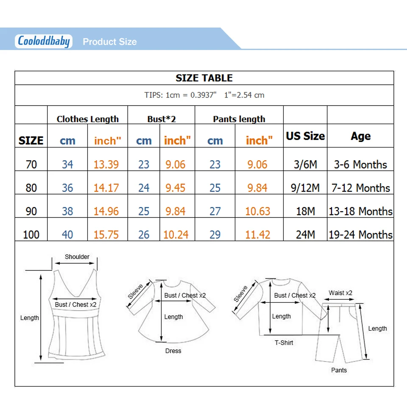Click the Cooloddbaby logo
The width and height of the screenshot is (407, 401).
[x=44, y=41]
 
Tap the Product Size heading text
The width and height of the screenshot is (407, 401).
[x=109, y=42]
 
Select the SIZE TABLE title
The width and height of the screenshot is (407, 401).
[x=204, y=78]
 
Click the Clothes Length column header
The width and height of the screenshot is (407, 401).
[x=88, y=119]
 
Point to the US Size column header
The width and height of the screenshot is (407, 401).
[x=305, y=136]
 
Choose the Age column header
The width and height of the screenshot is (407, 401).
[x=360, y=136]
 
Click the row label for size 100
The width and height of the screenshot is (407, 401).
[x=31, y=235]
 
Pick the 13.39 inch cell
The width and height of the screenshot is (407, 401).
[x=106, y=164]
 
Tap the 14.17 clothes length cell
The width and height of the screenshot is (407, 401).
[x=106, y=188]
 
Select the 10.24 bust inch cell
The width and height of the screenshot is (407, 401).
[x=176, y=235]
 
